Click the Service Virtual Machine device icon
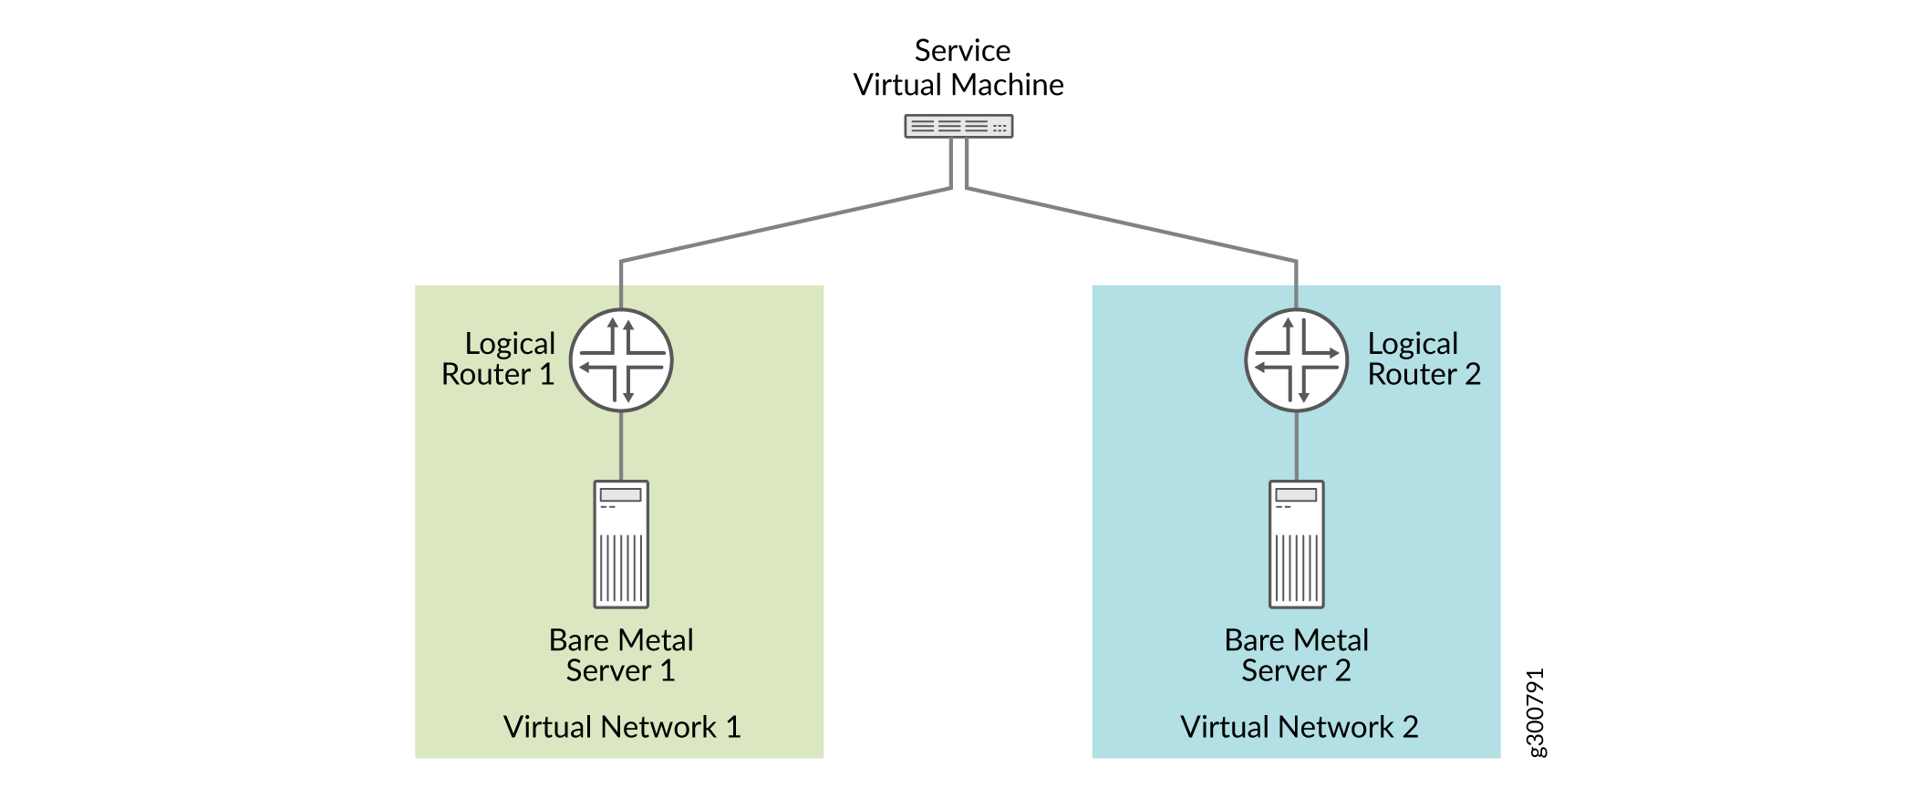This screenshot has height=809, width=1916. tap(958, 126)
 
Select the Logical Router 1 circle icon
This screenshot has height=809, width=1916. tap(621, 360)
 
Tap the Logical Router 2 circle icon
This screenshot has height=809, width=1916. tap(1296, 360)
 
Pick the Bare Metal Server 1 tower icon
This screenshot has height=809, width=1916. tap(621, 544)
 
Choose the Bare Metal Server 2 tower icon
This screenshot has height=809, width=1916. tap(1296, 544)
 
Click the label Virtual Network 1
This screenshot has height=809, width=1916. tap(621, 727)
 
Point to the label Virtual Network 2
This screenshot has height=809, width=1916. tap(1299, 727)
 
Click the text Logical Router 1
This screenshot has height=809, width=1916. tap(499, 358)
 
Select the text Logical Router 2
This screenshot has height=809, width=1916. tap(1423, 358)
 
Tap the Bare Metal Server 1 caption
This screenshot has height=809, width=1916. tap(621, 655)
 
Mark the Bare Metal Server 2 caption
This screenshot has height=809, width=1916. tap(1296, 655)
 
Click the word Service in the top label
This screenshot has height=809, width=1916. tap(962, 50)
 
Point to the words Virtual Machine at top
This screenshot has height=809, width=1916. tap(958, 85)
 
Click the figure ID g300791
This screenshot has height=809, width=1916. tap(1536, 712)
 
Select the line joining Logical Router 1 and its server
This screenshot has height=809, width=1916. tap(621, 446)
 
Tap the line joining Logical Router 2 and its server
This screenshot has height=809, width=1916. tap(1296, 446)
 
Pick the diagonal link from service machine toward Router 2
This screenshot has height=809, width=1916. tap(1131, 225)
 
